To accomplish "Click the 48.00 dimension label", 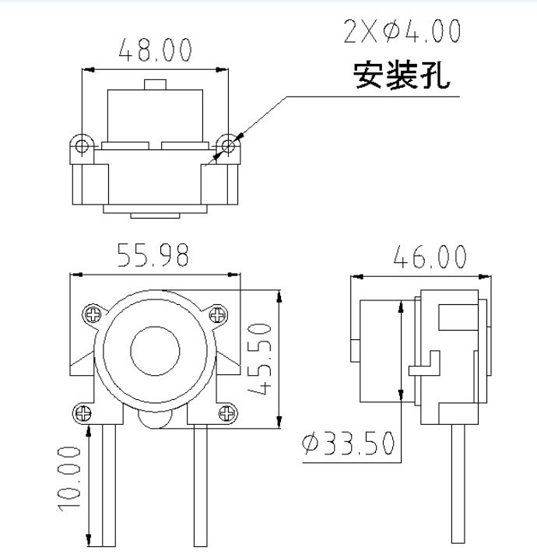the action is pos(155,50).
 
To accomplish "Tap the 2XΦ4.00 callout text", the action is pos(402,31).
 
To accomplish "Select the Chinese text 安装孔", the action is pos(402,75).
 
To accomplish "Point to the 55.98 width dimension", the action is pos(153,254).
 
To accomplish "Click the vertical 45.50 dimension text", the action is pos(260,359).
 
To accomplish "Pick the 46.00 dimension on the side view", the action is pos(430,257).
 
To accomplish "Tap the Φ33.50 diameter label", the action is pos(348,443).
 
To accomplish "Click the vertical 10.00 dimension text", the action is pos(69,479).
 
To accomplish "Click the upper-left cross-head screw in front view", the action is pos(93,314).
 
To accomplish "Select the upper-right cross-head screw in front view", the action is pos(217,314).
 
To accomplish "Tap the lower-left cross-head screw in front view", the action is pos(83,413).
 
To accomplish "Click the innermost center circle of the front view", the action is pos(155,351).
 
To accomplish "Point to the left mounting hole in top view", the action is pos(82,146).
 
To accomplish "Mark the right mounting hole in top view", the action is pos(229,146).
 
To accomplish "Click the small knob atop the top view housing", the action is pos(155,85).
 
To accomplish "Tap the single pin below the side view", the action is pos(458,484).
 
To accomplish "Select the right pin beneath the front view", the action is pos(201,485).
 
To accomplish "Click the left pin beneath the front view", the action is pos(109,485).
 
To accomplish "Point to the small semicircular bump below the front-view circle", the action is pos(155,420).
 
